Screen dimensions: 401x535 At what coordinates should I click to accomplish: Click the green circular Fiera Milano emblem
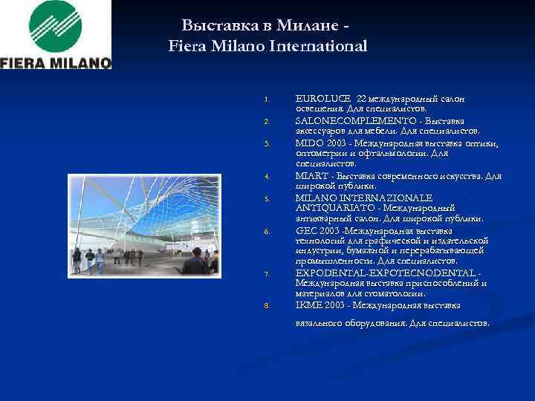pyautogui.click(x=56, y=26)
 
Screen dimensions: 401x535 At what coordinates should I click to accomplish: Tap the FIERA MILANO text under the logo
pyautogui.click(x=56, y=62)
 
